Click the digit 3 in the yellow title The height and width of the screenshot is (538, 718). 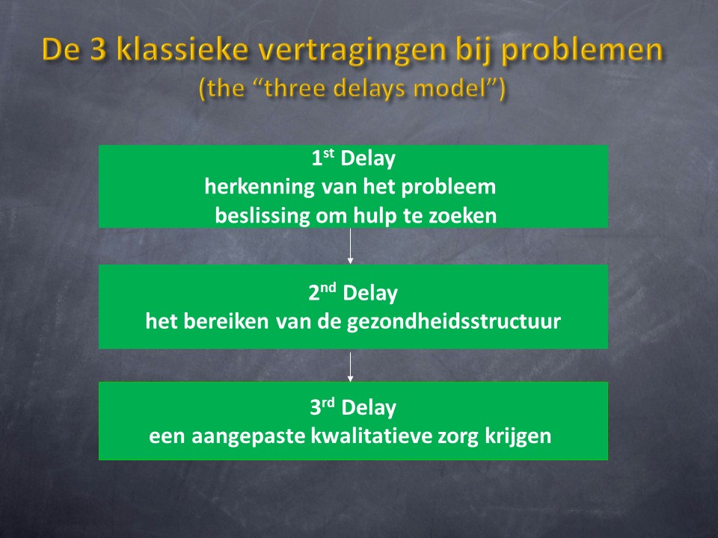click(x=98, y=49)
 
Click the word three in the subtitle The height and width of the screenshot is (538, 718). click(x=299, y=87)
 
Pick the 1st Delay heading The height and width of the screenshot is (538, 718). click(x=353, y=158)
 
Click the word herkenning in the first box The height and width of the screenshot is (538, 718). click(x=260, y=187)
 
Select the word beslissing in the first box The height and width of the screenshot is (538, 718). click(x=263, y=216)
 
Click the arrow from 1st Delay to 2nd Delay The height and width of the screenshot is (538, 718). click(x=350, y=246)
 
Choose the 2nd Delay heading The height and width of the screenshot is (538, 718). click(x=353, y=293)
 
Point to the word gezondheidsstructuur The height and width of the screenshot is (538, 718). click(x=454, y=321)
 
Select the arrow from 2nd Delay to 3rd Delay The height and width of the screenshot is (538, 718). click(x=350, y=366)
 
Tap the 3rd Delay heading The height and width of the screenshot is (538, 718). click(x=353, y=407)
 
